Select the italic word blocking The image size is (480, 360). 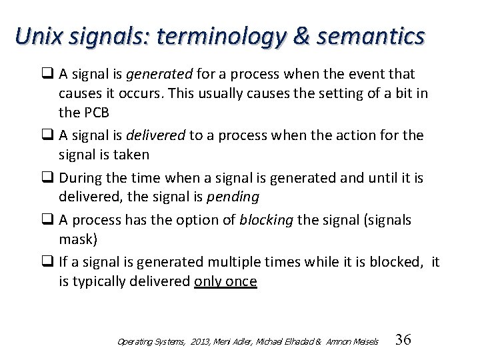266,220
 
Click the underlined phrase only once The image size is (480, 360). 225,281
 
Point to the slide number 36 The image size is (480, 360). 403,340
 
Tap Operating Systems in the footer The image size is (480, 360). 151,341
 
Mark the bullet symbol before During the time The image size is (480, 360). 49,178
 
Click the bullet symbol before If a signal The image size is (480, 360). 49,262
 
